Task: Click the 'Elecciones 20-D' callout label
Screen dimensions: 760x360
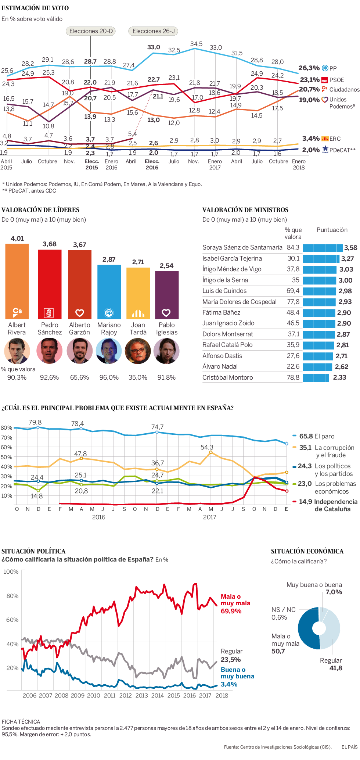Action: pyautogui.click(x=91, y=31)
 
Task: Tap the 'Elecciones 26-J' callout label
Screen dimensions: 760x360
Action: pyautogui.click(x=154, y=31)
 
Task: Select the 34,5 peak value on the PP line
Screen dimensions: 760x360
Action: pyautogui.click(x=196, y=44)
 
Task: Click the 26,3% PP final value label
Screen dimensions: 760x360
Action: pyautogui.click(x=309, y=68)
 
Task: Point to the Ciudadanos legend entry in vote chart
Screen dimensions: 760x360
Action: pyautogui.click(x=340, y=89)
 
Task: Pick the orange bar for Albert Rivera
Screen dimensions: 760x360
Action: pyautogui.click(x=17, y=281)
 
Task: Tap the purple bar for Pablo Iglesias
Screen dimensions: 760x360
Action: pyautogui.click(x=167, y=295)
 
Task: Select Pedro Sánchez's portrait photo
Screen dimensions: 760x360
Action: pyautogui.click(x=49, y=351)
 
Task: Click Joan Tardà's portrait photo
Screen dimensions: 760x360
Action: pyautogui.click(x=138, y=351)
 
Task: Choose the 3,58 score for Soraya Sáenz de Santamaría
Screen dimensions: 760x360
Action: pyautogui.click(x=351, y=248)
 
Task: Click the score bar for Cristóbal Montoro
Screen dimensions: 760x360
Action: pyautogui.click(x=316, y=377)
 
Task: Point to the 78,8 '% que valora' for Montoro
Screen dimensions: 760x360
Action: pyautogui.click(x=293, y=377)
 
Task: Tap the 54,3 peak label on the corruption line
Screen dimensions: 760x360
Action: pyautogui.click(x=207, y=447)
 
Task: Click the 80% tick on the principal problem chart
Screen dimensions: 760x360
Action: pyautogui.click(x=7, y=428)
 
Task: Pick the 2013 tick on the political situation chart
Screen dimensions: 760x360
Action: pyautogui.click(x=141, y=696)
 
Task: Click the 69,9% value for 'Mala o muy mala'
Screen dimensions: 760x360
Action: pyautogui.click(x=231, y=611)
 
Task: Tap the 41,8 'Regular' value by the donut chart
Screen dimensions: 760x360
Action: pyautogui.click(x=336, y=668)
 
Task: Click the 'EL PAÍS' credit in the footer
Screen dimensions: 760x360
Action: pyautogui.click(x=349, y=747)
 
